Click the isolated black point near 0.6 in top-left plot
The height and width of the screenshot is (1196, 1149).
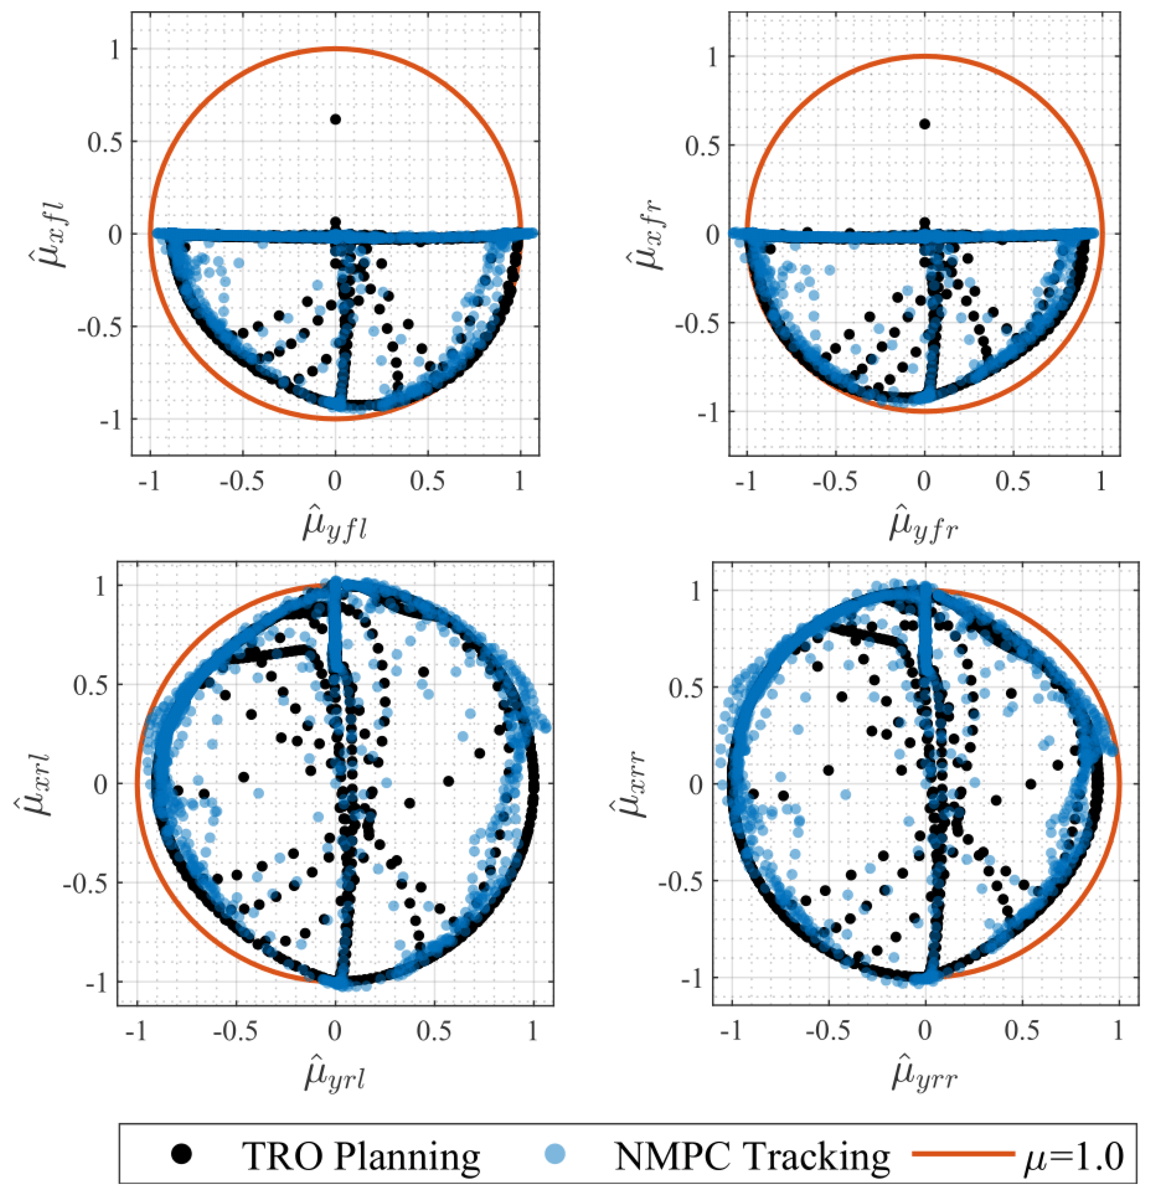coord(335,120)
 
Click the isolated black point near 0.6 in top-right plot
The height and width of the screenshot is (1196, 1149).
coord(924,124)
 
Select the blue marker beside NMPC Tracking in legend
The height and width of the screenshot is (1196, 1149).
coord(554,1153)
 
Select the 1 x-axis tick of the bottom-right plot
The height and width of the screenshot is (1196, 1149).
coord(1118,1031)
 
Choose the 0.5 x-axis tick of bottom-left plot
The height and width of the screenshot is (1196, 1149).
coord(434,1031)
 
